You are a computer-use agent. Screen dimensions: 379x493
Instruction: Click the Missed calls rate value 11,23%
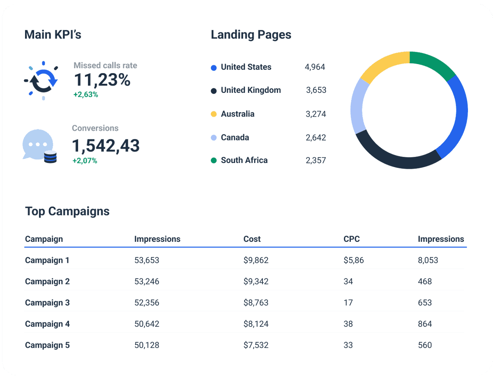[102, 80]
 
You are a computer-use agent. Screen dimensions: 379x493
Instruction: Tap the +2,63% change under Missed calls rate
[85, 94]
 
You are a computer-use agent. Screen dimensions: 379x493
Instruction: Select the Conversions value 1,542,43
[106, 146]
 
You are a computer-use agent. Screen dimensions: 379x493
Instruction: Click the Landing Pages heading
[251, 35]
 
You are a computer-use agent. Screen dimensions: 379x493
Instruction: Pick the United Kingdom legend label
[251, 90]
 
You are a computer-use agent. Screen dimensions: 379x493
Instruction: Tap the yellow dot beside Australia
[214, 114]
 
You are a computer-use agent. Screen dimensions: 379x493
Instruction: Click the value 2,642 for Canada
[316, 138]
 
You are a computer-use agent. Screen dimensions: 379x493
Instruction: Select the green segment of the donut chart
[432, 62]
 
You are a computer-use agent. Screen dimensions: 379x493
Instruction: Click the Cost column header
[252, 239]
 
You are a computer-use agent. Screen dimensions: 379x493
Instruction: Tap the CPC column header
[351, 239]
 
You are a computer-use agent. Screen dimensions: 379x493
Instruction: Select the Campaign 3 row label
[47, 303]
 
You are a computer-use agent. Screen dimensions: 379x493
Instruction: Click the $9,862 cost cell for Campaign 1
[256, 260]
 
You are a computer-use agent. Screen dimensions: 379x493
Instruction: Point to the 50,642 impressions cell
[147, 324]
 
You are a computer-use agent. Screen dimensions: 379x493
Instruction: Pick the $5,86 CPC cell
[353, 260]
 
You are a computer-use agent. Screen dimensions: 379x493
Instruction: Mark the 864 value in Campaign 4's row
[425, 324]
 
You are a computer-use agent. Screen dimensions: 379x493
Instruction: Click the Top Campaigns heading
[67, 211]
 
